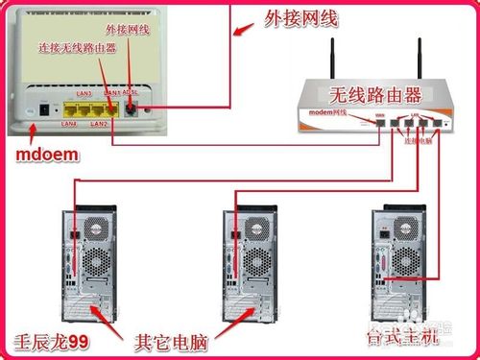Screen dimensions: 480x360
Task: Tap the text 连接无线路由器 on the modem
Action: (77, 46)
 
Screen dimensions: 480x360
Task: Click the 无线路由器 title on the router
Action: (375, 94)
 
